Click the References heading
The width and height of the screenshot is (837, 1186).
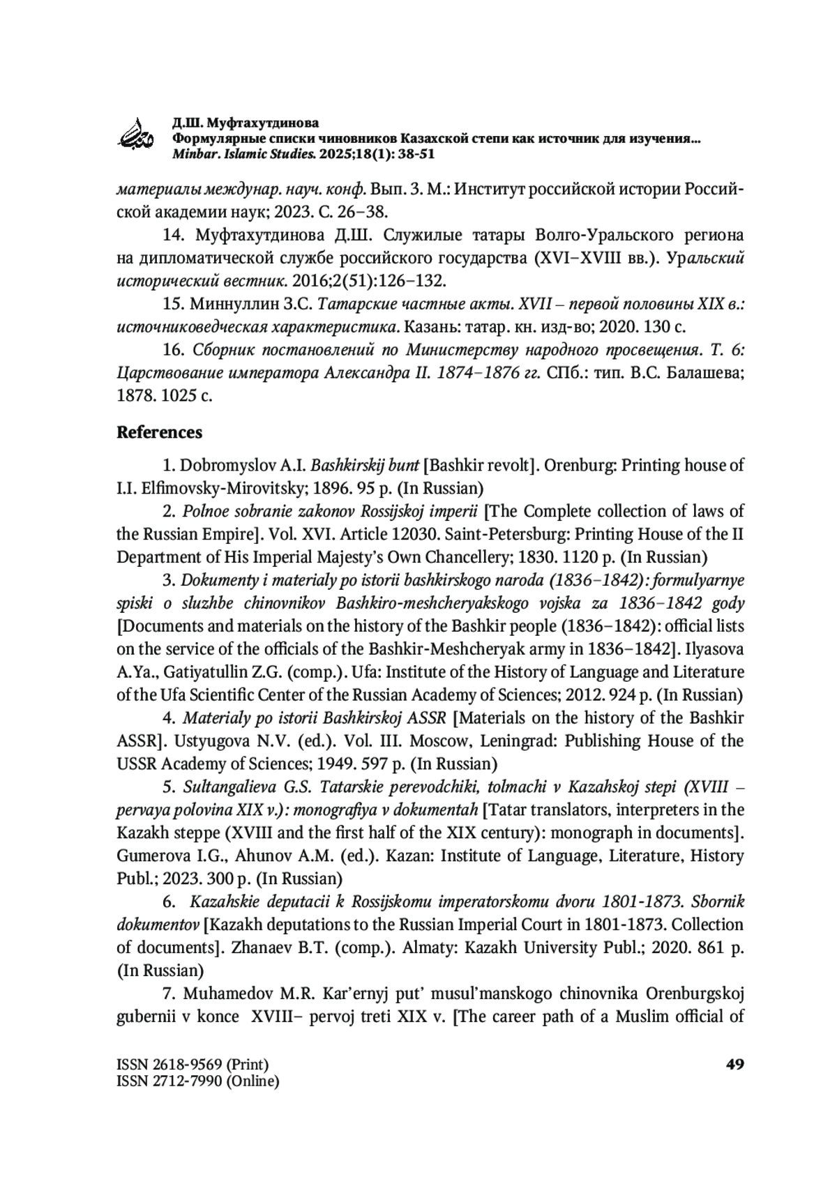(159, 432)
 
